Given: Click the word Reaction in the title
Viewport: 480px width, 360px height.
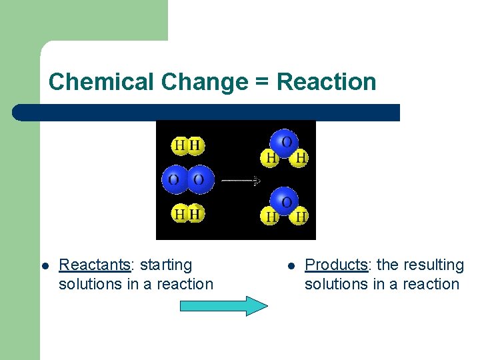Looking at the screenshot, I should point(326,82).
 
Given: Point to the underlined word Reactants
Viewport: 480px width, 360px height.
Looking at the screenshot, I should point(94,265).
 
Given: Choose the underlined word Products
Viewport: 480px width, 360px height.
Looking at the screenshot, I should point(336,265).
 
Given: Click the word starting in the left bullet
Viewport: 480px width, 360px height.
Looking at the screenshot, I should point(165,265).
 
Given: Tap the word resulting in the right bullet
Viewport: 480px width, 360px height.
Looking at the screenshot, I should point(430,265).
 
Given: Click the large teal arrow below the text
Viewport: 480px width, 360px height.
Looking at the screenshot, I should point(224,306).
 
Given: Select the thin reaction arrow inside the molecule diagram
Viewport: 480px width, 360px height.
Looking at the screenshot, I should point(240,180).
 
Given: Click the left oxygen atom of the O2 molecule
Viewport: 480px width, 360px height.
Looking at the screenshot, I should point(174,179).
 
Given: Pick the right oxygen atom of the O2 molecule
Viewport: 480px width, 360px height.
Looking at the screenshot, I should point(199,179).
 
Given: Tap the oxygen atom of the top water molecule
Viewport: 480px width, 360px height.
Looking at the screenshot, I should point(286,142).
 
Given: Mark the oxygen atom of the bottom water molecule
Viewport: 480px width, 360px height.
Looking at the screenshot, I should point(286,201).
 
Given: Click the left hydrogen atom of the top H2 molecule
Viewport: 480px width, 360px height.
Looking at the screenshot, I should point(179,145).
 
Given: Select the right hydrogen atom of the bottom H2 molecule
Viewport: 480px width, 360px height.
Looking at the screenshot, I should point(195,214).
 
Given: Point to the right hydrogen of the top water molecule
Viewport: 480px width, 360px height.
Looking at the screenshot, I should point(301,158).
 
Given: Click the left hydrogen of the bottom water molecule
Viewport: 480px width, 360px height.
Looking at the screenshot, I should point(271,216).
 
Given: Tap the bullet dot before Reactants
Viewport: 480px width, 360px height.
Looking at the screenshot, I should point(44,265).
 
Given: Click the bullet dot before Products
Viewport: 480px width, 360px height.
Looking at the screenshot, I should point(290,265).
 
